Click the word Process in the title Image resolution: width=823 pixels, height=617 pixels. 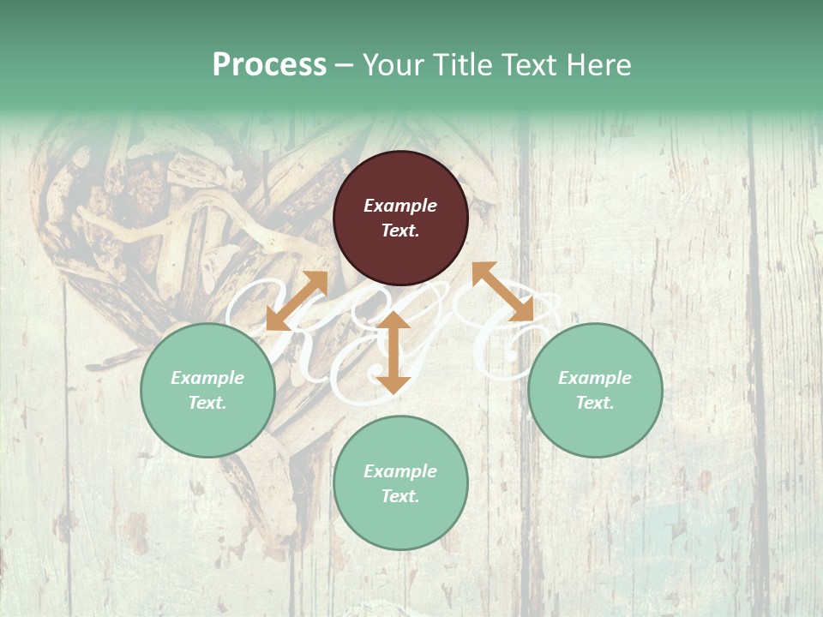[x=269, y=65]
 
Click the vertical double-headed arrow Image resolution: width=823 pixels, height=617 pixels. [x=393, y=353]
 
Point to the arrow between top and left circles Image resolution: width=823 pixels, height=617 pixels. [x=297, y=301]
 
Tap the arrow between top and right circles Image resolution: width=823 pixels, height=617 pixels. [x=502, y=291]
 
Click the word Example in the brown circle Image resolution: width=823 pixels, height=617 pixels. [x=400, y=206]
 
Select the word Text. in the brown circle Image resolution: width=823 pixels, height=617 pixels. [x=400, y=231]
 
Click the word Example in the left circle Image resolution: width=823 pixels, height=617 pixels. [x=207, y=378]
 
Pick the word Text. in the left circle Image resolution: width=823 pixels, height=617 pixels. [x=207, y=403]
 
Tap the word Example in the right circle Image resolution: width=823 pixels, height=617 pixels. [x=595, y=378]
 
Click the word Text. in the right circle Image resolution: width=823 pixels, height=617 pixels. [x=595, y=403]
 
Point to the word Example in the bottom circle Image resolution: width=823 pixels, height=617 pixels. [x=400, y=471]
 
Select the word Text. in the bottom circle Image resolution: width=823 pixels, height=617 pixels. [x=400, y=496]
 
